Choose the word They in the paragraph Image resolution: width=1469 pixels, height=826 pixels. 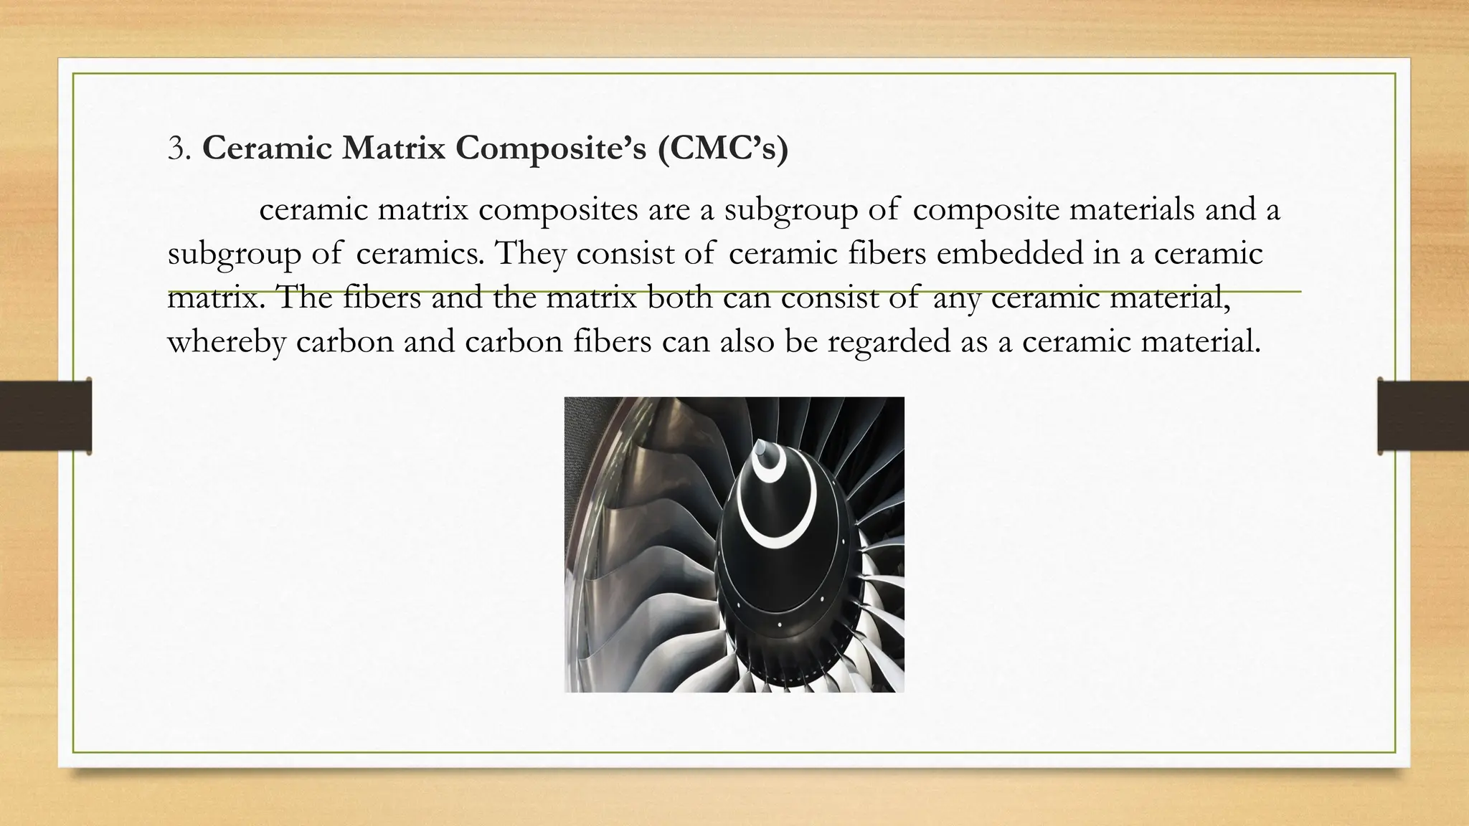point(530,254)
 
